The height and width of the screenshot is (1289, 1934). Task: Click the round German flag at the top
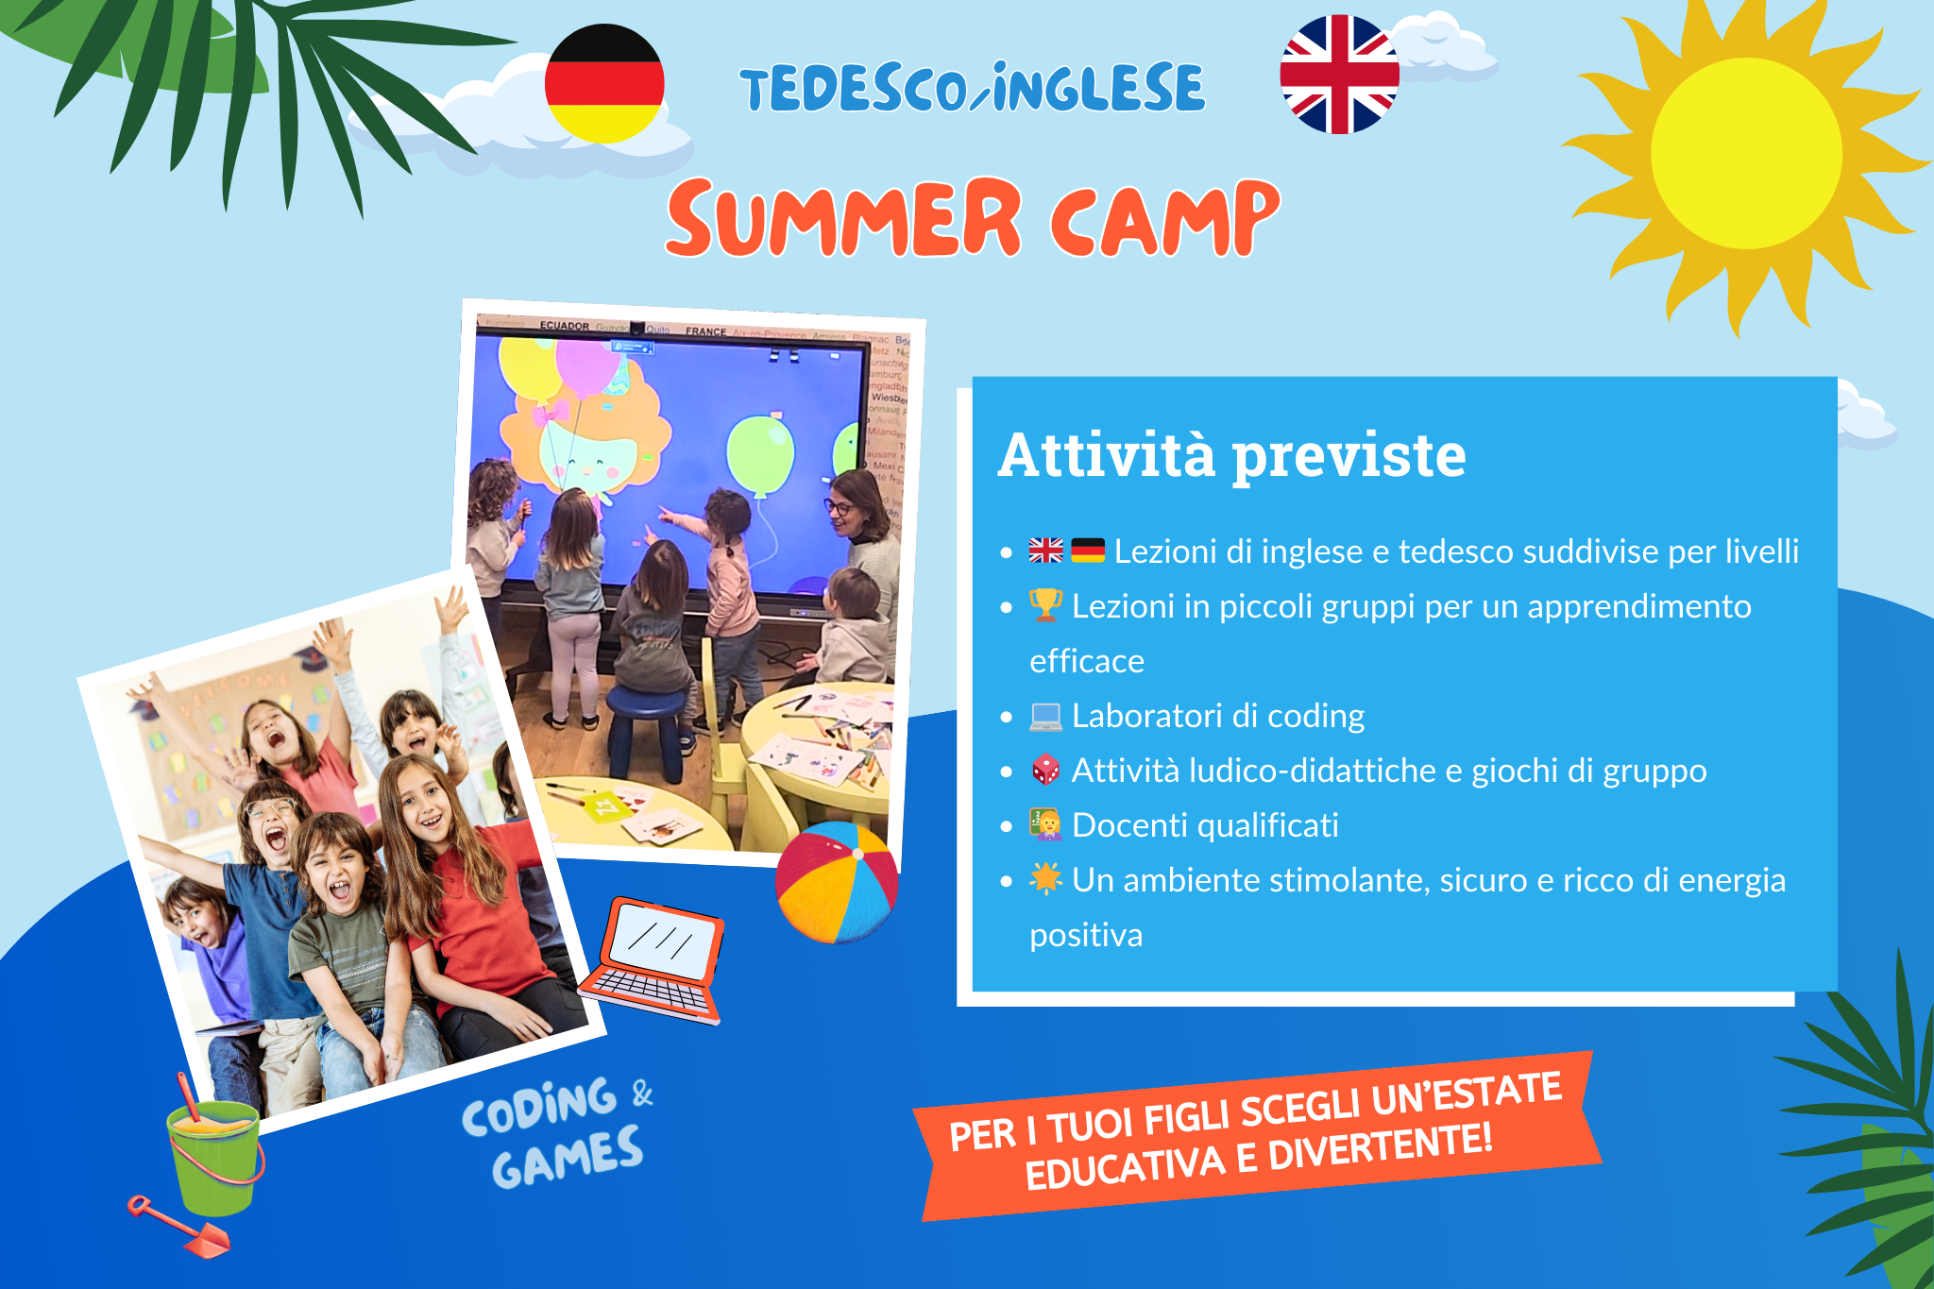[604, 84]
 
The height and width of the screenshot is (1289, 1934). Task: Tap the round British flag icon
[1339, 75]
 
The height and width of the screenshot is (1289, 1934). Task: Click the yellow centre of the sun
[1746, 153]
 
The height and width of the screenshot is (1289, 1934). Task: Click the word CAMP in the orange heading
[1165, 219]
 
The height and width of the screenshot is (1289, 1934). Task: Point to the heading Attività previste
[1231, 455]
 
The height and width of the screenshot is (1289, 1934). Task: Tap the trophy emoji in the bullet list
[1045, 605]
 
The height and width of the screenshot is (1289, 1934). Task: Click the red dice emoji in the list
[1045, 771]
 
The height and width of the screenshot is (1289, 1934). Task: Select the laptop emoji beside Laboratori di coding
[1045, 717]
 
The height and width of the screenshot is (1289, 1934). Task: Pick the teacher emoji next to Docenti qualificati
[1045, 824]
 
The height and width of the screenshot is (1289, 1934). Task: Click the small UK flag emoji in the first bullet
[1045, 551]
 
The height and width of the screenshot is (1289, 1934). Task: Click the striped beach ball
[837, 882]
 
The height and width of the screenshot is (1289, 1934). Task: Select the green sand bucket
[214, 1157]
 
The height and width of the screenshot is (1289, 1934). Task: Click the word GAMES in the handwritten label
[568, 1159]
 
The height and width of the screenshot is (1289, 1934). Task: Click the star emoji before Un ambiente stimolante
[1045, 878]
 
